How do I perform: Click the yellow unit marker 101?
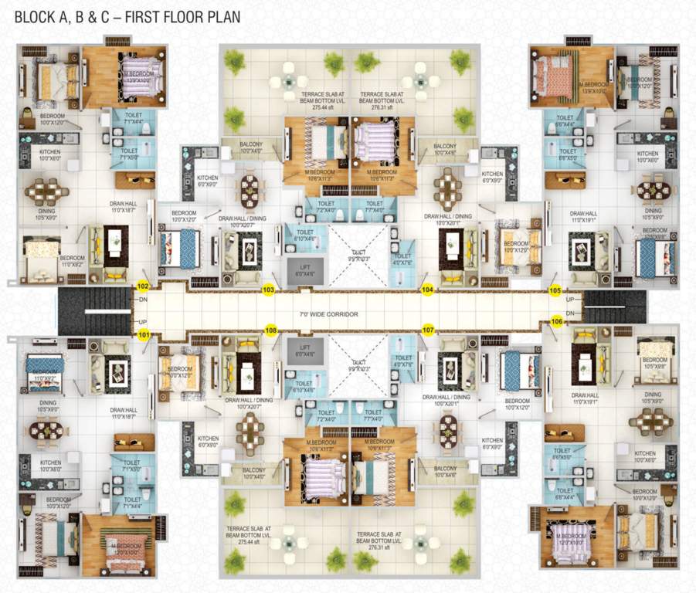[x=142, y=335]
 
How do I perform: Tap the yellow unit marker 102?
[x=142, y=286]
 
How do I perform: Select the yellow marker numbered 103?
[x=269, y=290]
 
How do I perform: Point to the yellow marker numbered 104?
[x=427, y=290]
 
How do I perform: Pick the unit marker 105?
[x=555, y=290]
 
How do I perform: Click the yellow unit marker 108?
[x=270, y=330]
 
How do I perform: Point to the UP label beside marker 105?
[x=570, y=299]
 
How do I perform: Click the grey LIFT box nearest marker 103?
[x=304, y=269]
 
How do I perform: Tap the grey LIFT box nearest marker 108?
[x=304, y=352]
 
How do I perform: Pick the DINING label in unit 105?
[x=654, y=210]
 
